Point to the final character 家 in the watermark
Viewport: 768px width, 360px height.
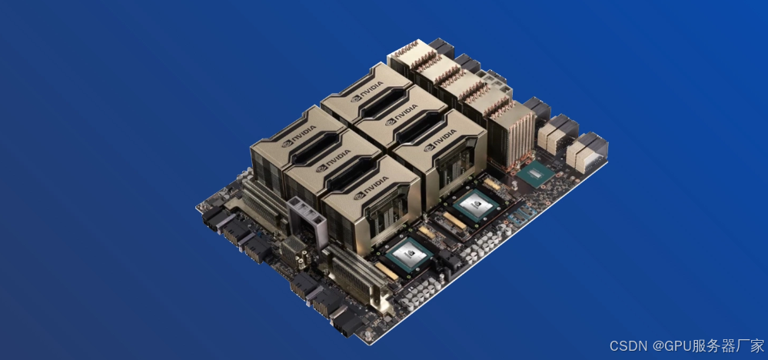[x=757, y=346]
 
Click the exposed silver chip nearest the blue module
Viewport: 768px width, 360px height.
[x=475, y=205]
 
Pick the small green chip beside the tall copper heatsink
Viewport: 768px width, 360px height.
[x=535, y=174]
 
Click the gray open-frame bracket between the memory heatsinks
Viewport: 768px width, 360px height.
[x=306, y=223]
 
